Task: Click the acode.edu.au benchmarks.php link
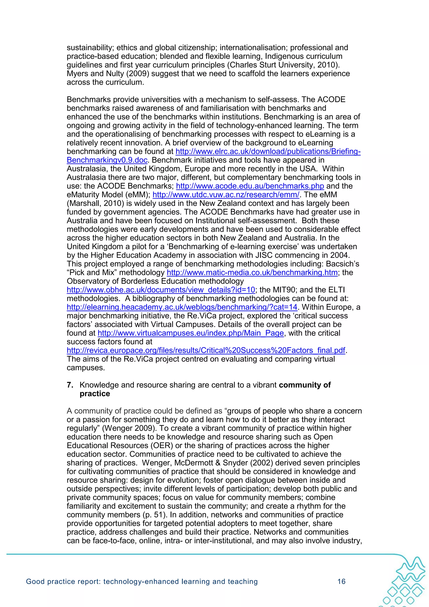tap(250, 186)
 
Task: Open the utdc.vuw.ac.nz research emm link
tap(226, 195)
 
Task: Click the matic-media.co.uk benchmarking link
tap(252, 272)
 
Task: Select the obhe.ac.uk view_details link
tap(161, 290)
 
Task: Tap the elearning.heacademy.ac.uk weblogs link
tap(182, 307)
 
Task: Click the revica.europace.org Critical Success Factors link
tap(206, 350)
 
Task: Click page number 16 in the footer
tap(341, 581)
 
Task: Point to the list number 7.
tap(70, 385)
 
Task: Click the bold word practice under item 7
tap(95, 394)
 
